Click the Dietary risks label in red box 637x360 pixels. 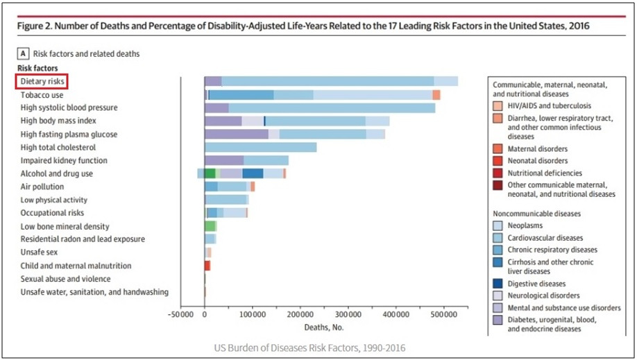pyautogui.click(x=42, y=81)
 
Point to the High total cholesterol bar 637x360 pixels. pyautogui.click(x=260, y=147)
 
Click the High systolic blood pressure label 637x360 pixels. pyautogui.click(x=69, y=108)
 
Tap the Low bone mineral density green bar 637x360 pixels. pyautogui.click(x=210, y=226)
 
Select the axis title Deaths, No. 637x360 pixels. pyautogui.click(x=323, y=327)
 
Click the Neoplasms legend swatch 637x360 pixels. pyautogui.click(x=497, y=225)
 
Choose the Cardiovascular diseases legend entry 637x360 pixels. pyautogui.click(x=544, y=237)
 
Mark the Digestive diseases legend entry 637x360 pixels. pyautogui.click(x=536, y=284)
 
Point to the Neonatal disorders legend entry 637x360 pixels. pyautogui.click(x=538, y=161)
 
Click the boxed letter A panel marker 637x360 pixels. pyautogui.click(x=24, y=53)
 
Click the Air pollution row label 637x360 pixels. pyautogui.click(x=42, y=187)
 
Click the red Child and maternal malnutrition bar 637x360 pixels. pyautogui.click(x=207, y=266)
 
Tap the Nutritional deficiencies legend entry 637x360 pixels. pyautogui.click(x=545, y=173)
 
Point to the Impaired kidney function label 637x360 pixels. pyautogui.click(x=62, y=160)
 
